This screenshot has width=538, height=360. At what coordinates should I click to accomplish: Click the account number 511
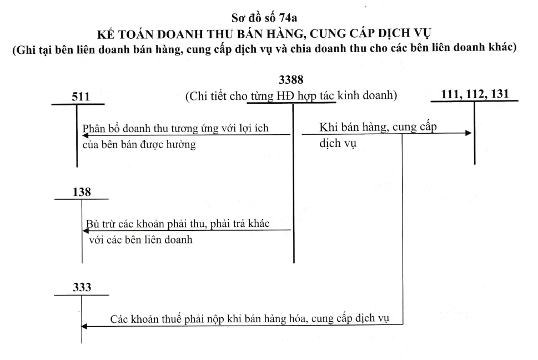point(81,97)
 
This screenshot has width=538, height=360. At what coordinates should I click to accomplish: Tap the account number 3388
point(291,79)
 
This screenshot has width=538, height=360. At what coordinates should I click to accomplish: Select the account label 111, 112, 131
point(475,94)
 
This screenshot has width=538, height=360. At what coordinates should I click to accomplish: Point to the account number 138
point(82,192)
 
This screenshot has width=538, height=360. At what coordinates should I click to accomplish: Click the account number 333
point(82,287)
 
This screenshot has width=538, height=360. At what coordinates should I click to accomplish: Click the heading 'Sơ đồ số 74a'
point(264,18)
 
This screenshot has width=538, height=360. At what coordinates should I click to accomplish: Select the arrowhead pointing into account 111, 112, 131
point(469,133)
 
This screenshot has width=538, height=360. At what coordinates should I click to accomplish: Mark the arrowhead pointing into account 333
point(84,326)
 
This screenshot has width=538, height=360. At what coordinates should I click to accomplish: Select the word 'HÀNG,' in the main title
point(285,34)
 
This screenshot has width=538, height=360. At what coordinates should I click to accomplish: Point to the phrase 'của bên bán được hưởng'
point(139,145)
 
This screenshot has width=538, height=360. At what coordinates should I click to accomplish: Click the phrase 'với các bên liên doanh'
point(140,239)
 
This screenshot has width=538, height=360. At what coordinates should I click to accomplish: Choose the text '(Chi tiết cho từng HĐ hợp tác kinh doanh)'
point(291,95)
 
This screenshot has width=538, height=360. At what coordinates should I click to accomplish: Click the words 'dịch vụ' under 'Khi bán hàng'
point(338,143)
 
